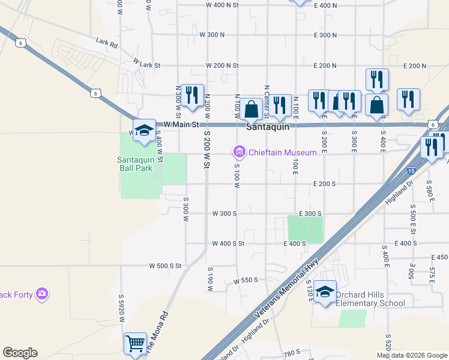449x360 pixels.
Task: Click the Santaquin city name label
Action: (x=268, y=127)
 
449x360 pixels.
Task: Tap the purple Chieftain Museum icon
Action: (x=240, y=152)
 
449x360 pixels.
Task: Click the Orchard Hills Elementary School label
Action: (x=370, y=299)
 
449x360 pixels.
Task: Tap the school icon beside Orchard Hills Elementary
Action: (x=325, y=292)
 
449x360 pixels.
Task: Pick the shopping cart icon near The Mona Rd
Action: (x=136, y=344)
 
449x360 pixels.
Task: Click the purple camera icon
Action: (x=42, y=293)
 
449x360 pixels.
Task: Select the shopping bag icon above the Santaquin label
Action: (x=252, y=109)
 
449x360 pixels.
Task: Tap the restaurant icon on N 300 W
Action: (x=192, y=95)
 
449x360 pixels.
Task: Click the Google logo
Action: (x=20, y=353)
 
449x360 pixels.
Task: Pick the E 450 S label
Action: (x=439, y=257)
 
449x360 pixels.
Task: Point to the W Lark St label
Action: (x=147, y=63)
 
